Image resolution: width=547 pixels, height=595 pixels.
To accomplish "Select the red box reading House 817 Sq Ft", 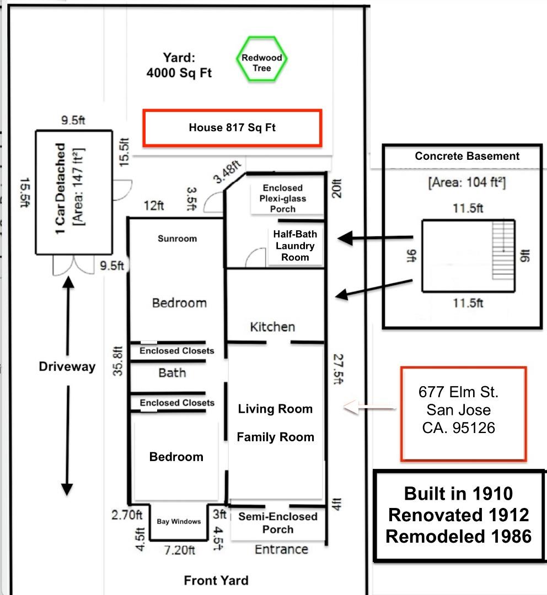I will (232, 128).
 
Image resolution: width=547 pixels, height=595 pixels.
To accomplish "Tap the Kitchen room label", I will (272, 327).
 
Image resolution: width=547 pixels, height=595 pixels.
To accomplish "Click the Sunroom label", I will (177, 239).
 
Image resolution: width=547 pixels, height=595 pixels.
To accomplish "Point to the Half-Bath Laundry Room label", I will (295, 246).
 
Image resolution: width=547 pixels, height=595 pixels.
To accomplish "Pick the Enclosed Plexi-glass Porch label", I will (283, 198).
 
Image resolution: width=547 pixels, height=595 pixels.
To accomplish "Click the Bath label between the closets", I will (172, 373).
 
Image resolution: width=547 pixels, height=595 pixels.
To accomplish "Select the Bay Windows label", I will (179, 521).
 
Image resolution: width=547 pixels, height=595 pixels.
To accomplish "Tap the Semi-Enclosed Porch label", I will (278, 523).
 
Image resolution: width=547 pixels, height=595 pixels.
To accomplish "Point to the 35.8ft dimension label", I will (117, 361).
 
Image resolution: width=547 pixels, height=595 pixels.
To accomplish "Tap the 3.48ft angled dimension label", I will (227, 171).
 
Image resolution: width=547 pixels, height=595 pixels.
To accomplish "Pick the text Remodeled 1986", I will (458, 536).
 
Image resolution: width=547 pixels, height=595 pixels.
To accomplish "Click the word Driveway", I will (67, 366).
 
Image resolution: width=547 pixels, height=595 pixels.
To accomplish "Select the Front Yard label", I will (216, 580).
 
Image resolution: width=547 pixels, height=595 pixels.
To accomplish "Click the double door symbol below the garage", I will (73, 266).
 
